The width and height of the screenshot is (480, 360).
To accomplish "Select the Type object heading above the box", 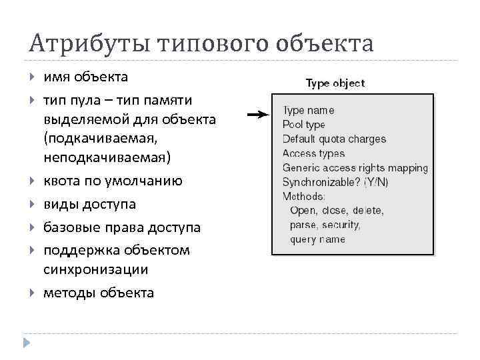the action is click(335, 83).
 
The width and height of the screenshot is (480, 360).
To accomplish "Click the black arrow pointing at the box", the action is click(257, 115).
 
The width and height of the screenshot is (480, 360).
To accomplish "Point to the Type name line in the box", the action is click(308, 111).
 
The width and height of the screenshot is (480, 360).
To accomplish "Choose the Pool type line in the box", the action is click(303, 125).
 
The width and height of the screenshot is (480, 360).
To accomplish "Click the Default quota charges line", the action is click(334, 139).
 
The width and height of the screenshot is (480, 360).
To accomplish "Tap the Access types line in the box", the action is click(313, 153).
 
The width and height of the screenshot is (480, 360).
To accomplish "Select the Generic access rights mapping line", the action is click(355, 168).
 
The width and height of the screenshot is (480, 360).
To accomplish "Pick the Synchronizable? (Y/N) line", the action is click(335, 182).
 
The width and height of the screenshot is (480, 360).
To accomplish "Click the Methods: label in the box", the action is click(304, 197).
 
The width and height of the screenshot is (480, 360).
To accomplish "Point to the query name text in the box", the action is click(317, 239).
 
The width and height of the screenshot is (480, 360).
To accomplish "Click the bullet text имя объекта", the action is click(85, 77).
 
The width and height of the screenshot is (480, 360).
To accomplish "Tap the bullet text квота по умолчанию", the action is click(113, 181).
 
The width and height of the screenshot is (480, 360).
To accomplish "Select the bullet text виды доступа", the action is click(89, 204).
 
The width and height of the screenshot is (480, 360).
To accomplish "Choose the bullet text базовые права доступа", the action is click(122, 227).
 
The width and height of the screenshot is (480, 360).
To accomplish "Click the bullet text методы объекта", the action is click(99, 293).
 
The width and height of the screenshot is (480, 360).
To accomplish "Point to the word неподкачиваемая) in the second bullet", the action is click(107, 158).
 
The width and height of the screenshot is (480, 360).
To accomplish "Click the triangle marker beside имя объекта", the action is click(32, 78).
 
